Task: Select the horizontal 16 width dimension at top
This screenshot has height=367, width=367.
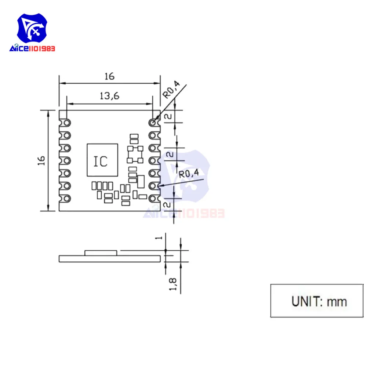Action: click(109, 76)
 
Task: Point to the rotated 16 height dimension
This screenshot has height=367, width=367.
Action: click(41, 160)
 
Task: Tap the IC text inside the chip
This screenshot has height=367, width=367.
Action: click(100, 161)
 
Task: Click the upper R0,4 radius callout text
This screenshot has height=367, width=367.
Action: click(171, 90)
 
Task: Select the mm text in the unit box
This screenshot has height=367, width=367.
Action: click(337, 301)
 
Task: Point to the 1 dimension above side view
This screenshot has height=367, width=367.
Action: click(159, 238)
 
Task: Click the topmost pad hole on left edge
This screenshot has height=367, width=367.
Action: click(66, 122)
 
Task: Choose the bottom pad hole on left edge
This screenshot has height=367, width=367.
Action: click(66, 199)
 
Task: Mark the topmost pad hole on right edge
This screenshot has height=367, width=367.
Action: click(152, 122)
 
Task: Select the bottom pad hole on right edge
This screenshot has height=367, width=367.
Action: click(152, 199)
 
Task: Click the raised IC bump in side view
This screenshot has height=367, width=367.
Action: click(101, 252)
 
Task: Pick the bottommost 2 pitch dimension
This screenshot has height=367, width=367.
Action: click(168, 205)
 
